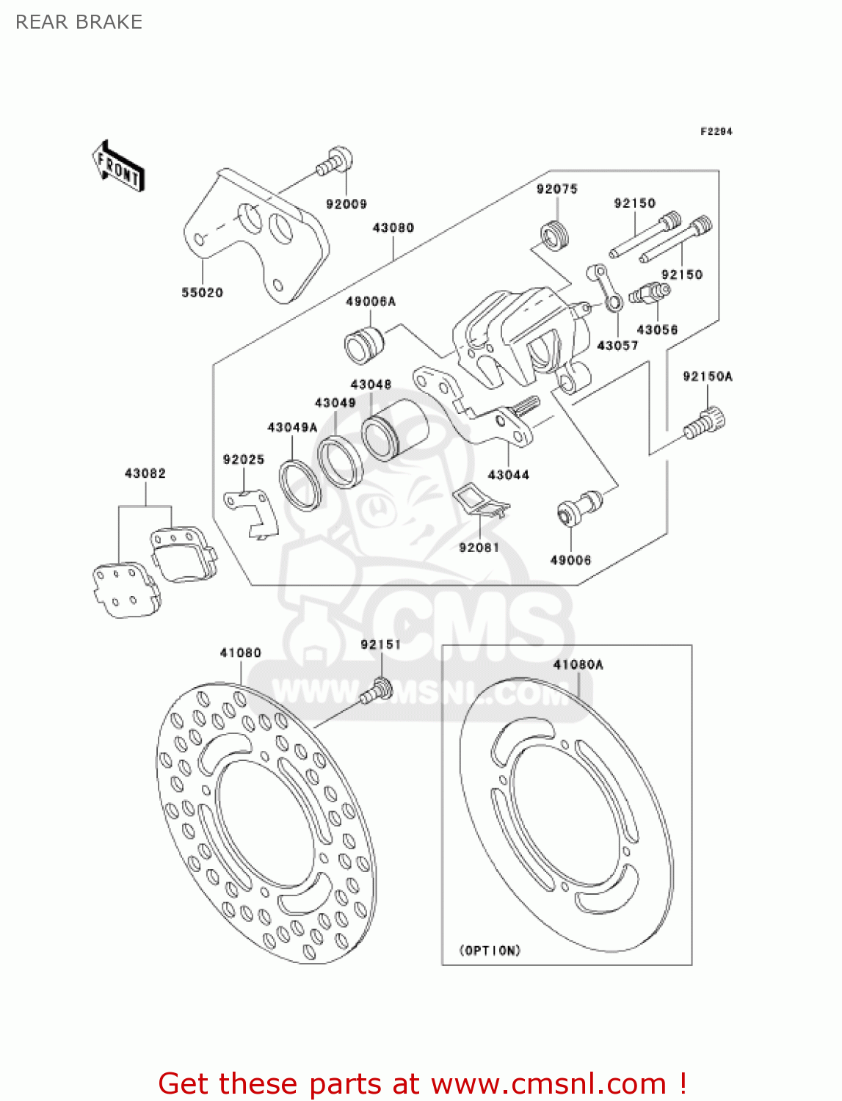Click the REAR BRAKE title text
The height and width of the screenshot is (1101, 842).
click(79, 22)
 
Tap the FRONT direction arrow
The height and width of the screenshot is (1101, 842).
click(118, 167)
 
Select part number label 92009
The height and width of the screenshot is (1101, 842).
click(346, 204)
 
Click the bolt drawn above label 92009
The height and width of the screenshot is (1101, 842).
click(335, 161)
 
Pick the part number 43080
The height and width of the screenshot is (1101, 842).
click(393, 228)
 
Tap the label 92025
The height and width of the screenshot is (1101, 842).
click(243, 459)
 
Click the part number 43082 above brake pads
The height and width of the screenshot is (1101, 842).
click(145, 473)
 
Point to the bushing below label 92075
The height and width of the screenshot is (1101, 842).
click(555, 235)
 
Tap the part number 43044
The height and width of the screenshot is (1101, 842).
click(509, 475)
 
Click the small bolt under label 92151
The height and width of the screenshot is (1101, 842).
click(377, 690)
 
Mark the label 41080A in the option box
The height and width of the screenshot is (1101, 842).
click(578, 664)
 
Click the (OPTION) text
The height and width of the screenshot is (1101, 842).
click(490, 951)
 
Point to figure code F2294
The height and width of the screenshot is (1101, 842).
click(716, 131)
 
